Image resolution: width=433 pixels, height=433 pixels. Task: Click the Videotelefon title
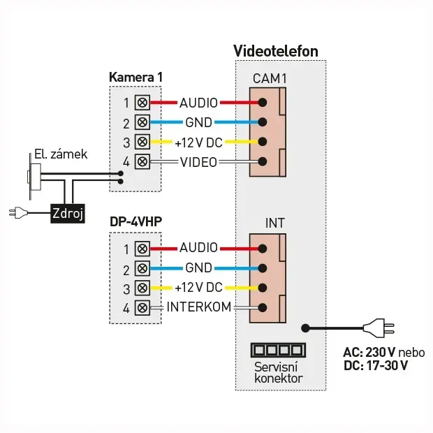click(x=276, y=51)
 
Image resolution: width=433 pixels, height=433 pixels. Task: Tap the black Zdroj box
click(x=67, y=214)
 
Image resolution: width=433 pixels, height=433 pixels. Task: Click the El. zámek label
click(x=61, y=154)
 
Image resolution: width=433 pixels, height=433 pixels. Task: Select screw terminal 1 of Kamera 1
click(x=143, y=103)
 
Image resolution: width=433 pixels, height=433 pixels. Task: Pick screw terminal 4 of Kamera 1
click(x=143, y=162)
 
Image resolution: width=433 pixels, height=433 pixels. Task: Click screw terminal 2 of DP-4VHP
click(x=143, y=268)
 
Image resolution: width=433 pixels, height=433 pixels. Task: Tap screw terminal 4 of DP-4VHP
click(x=143, y=307)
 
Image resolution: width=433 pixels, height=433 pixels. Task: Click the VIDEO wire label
click(x=198, y=162)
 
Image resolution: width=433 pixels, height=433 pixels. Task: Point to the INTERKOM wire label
click(x=199, y=307)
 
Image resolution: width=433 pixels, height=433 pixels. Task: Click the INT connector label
click(x=275, y=224)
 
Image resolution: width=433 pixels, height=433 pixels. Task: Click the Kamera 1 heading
click(x=136, y=75)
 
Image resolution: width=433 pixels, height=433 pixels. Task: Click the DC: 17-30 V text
click(x=376, y=365)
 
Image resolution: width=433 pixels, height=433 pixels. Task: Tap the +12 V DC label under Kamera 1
click(x=198, y=142)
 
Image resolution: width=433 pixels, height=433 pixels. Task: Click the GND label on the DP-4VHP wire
click(x=198, y=268)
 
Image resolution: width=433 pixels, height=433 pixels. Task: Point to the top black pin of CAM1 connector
click(x=263, y=103)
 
